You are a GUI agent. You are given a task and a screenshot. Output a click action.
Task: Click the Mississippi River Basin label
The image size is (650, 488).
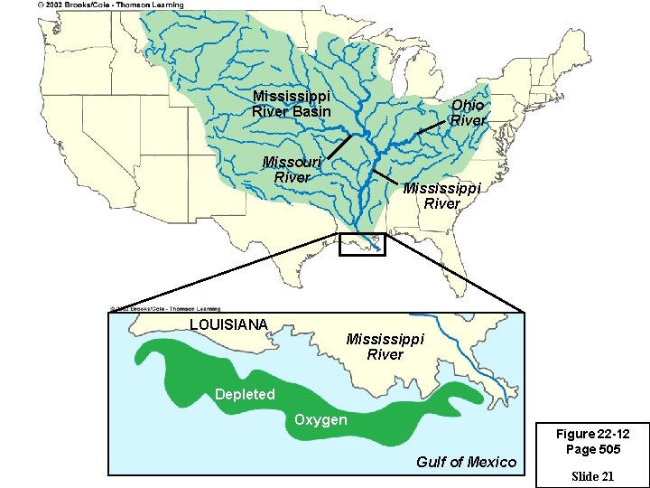[x=292, y=104]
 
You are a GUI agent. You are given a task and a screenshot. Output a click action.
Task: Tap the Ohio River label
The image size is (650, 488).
[x=468, y=113]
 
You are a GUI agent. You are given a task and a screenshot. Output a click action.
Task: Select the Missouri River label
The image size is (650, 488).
[x=291, y=170]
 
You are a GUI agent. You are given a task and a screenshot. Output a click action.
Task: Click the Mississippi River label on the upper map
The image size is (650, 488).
[x=441, y=196]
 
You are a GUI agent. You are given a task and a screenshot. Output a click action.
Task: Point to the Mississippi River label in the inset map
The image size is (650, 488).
[x=385, y=347]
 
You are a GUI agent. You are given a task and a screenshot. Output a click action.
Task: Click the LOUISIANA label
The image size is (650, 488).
[x=228, y=324]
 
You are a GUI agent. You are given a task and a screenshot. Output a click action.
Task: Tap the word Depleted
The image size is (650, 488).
[x=245, y=394]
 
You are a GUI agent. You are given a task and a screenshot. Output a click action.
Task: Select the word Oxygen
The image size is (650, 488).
[x=320, y=420]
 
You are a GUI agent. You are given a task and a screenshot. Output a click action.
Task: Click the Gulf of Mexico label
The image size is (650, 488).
[x=466, y=462]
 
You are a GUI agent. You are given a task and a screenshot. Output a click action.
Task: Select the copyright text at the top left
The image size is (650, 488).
[x=110, y=5]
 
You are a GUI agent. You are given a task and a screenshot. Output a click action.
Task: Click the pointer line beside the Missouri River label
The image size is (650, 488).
[x=339, y=147]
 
